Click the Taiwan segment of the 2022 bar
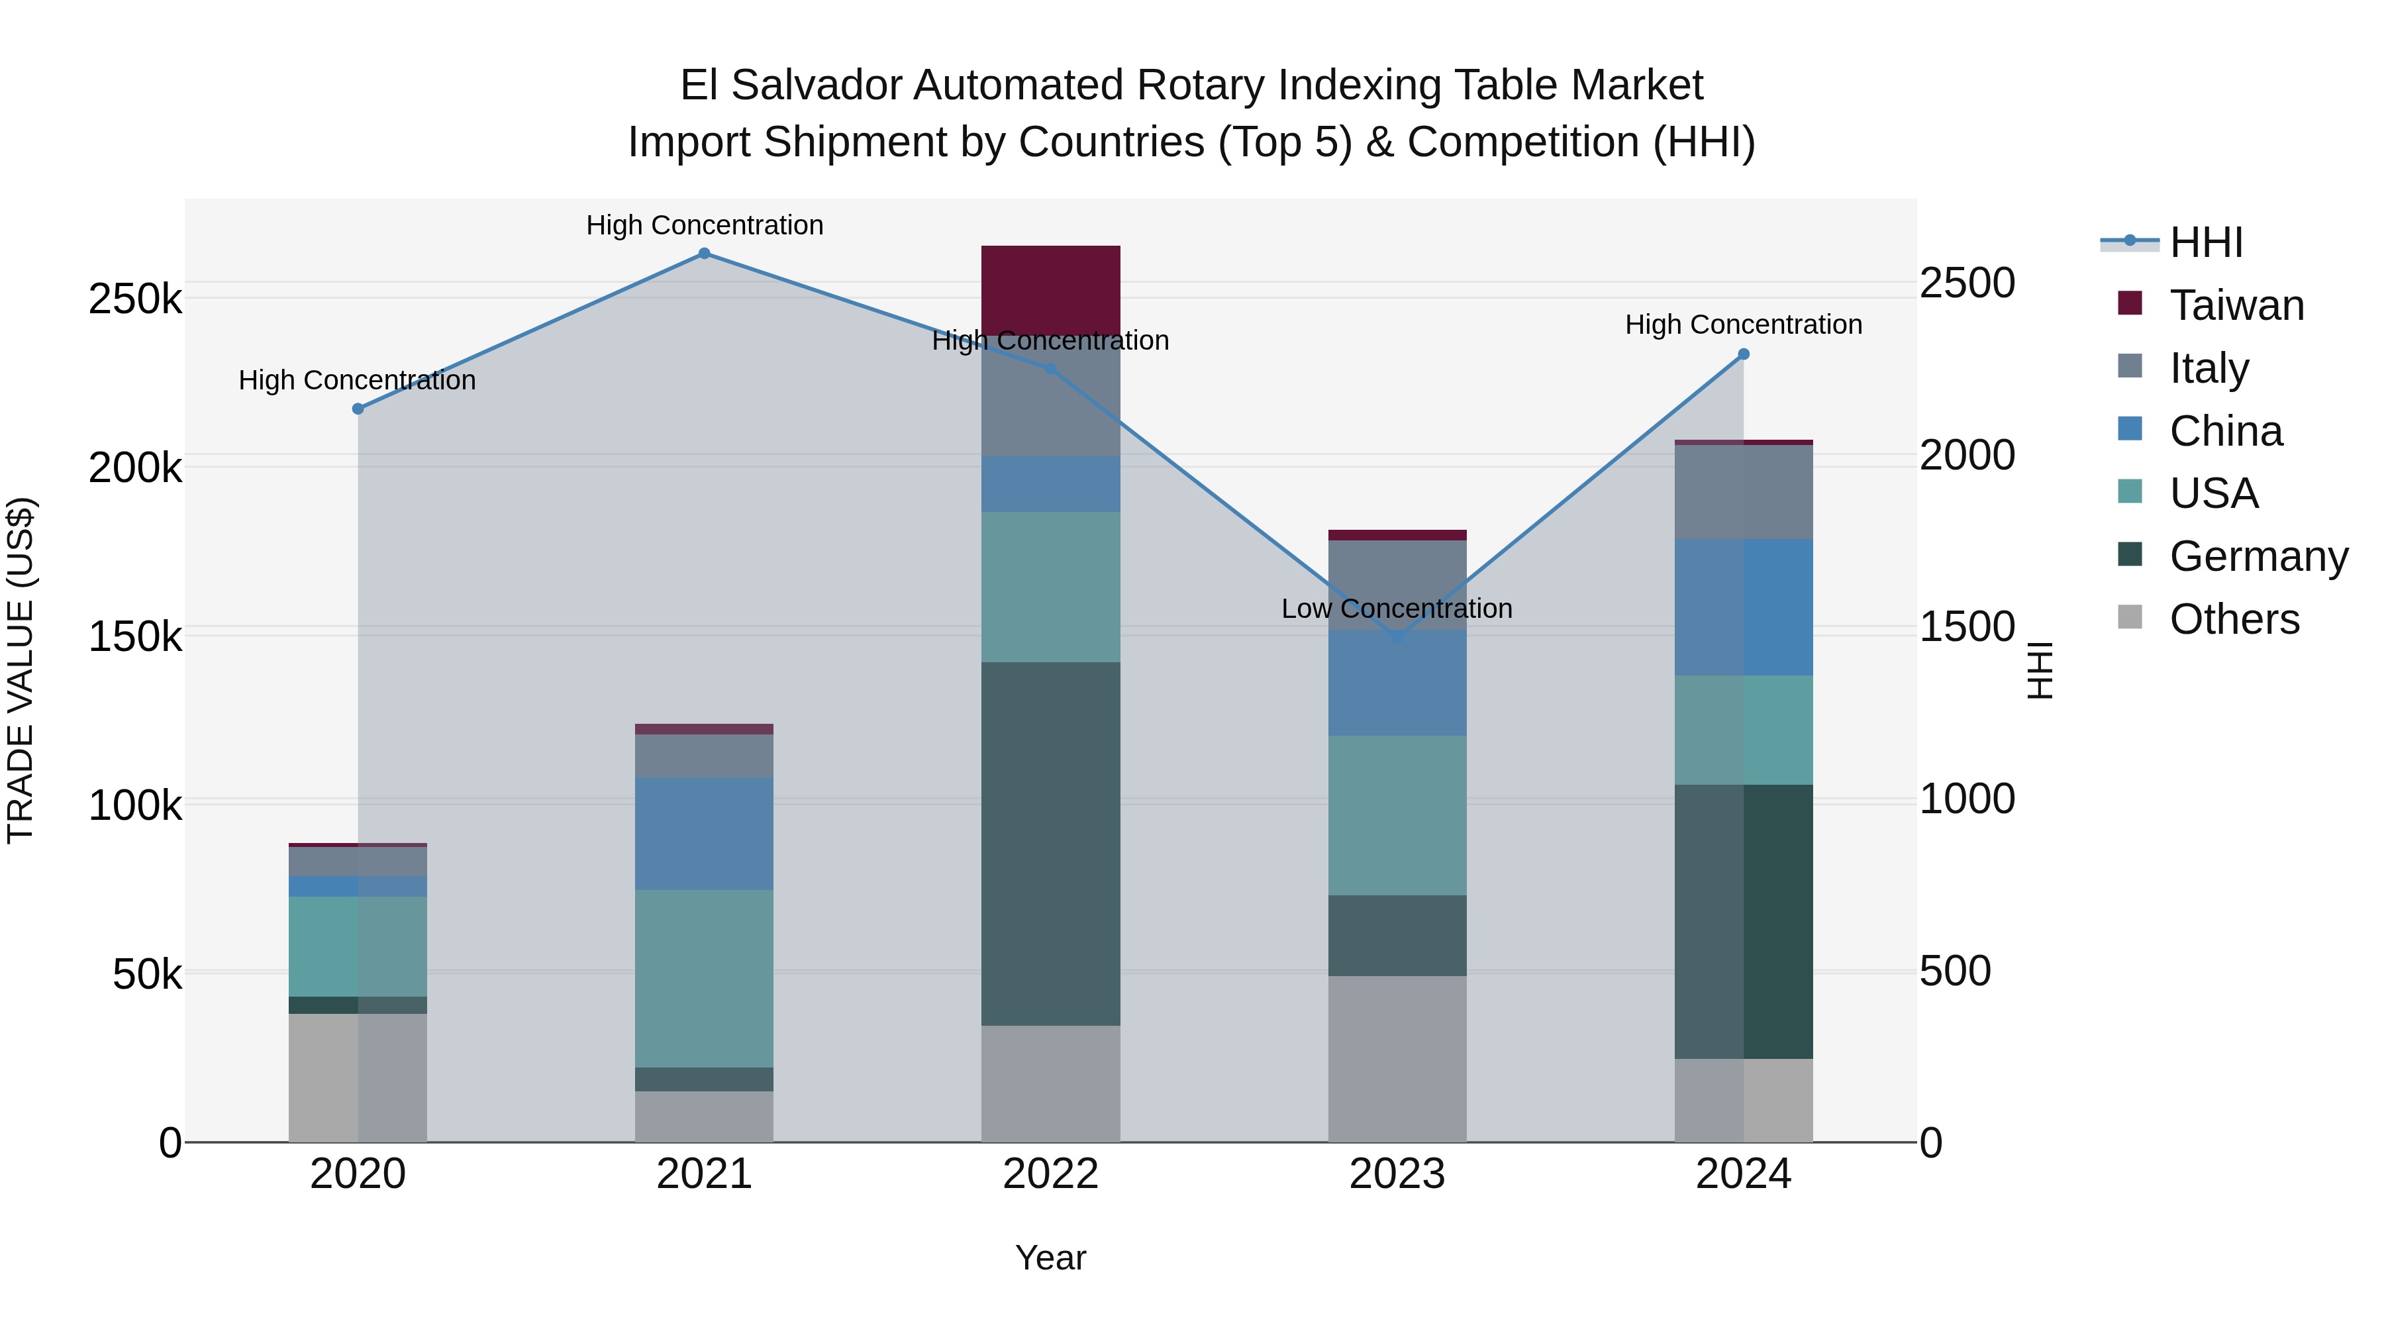(x=1050, y=289)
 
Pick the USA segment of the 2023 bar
(x=1397, y=815)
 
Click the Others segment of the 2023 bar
(x=1397, y=1059)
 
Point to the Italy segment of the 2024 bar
(x=1744, y=492)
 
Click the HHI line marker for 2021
(x=705, y=254)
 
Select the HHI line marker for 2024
(x=1744, y=354)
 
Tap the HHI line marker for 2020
(x=358, y=409)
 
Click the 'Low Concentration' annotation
(x=1397, y=609)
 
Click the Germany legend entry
(x=2258, y=556)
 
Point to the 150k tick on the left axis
(x=135, y=636)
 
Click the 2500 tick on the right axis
(x=1967, y=283)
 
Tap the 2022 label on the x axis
(x=1050, y=1174)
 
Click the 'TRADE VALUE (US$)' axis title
(x=21, y=670)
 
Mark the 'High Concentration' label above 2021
(x=705, y=225)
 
